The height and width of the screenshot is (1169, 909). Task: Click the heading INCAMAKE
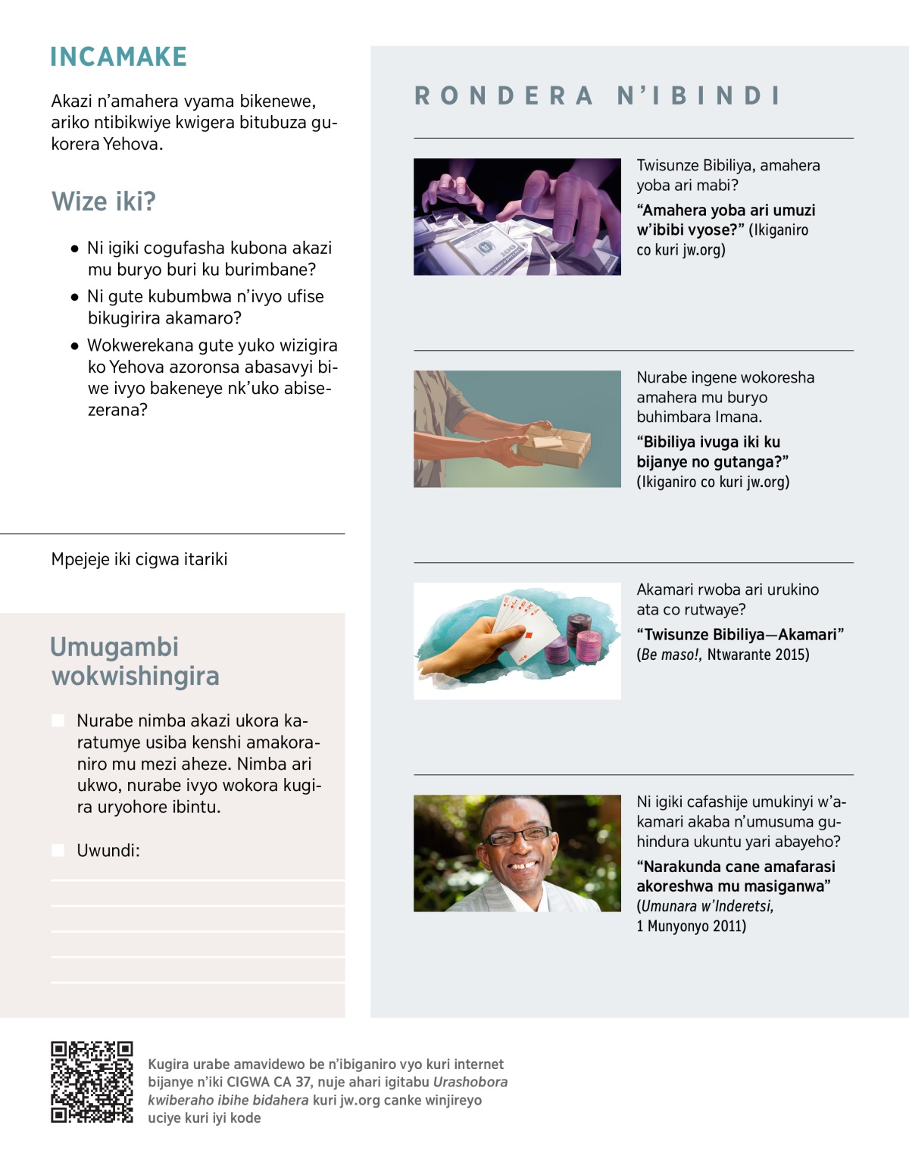tap(118, 57)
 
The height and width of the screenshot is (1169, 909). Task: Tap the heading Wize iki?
tap(104, 202)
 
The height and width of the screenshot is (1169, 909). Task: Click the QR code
tap(92, 1082)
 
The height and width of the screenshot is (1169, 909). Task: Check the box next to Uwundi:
tap(58, 850)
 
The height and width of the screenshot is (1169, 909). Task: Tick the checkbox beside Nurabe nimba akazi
tap(58, 720)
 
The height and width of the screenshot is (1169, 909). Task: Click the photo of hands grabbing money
tap(517, 217)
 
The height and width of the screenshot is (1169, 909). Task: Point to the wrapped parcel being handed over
tap(554, 445)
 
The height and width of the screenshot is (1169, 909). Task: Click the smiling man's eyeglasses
tap(518, 836)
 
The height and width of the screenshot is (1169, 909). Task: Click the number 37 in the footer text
tap(303, 1082)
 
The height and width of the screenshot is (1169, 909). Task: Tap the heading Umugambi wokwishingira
tap(135, 661)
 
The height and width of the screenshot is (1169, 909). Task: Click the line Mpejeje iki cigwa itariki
tap(139, 559)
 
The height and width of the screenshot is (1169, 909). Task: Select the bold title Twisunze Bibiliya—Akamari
tap(740, 635)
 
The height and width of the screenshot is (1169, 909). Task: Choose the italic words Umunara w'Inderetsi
tap(707, 906)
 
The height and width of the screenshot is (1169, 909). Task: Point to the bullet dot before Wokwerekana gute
tap(74, 346)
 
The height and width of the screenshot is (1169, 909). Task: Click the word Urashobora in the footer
tap(470, 1082)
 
